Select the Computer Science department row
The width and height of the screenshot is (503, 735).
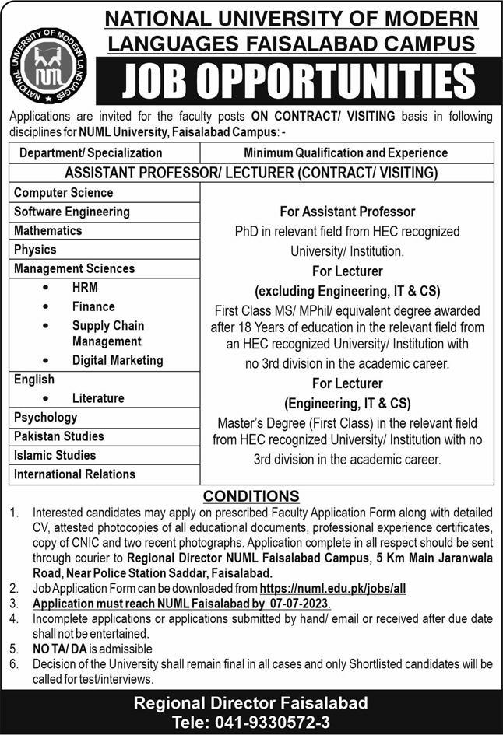pos(63,192)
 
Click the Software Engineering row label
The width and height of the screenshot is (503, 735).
pos(72,212)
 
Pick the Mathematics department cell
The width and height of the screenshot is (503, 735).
pos(47,230)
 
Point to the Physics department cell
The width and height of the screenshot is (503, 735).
pos(35,250)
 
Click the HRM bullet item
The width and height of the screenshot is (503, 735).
pos(85,287)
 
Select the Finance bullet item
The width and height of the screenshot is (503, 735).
pos(93,306)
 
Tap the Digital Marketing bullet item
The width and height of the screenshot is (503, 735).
pos(118,360)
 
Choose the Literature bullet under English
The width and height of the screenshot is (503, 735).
pos(98,398)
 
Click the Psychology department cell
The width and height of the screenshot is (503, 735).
pos(45,418)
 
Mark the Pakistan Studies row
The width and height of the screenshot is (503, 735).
pos(58,436)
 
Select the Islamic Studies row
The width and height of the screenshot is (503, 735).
pos(55,455)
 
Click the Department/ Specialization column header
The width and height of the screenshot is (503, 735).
pos(91,153)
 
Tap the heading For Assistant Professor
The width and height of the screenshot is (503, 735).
pos(346,212)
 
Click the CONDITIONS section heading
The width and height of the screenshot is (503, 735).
pos(251,496)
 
